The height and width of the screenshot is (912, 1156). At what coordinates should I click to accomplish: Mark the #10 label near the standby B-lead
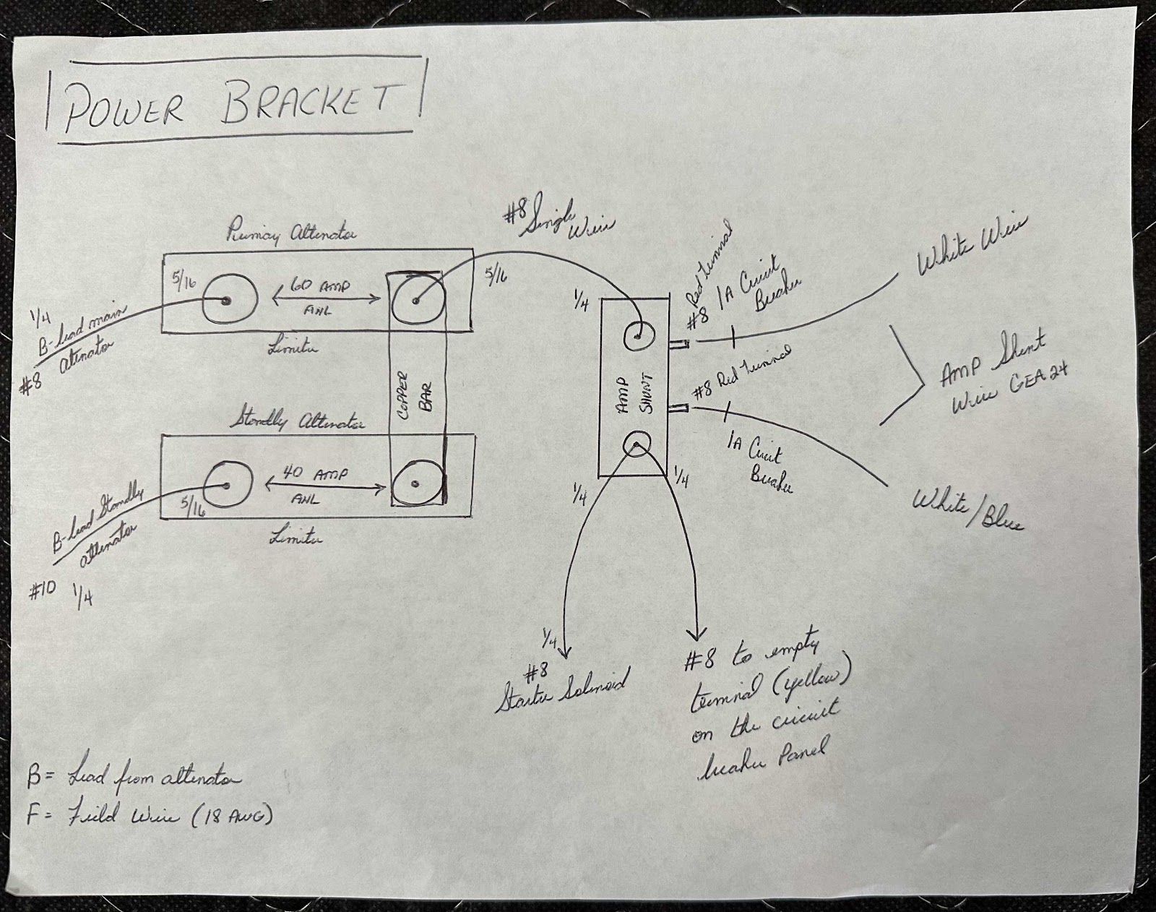point(44,592)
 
